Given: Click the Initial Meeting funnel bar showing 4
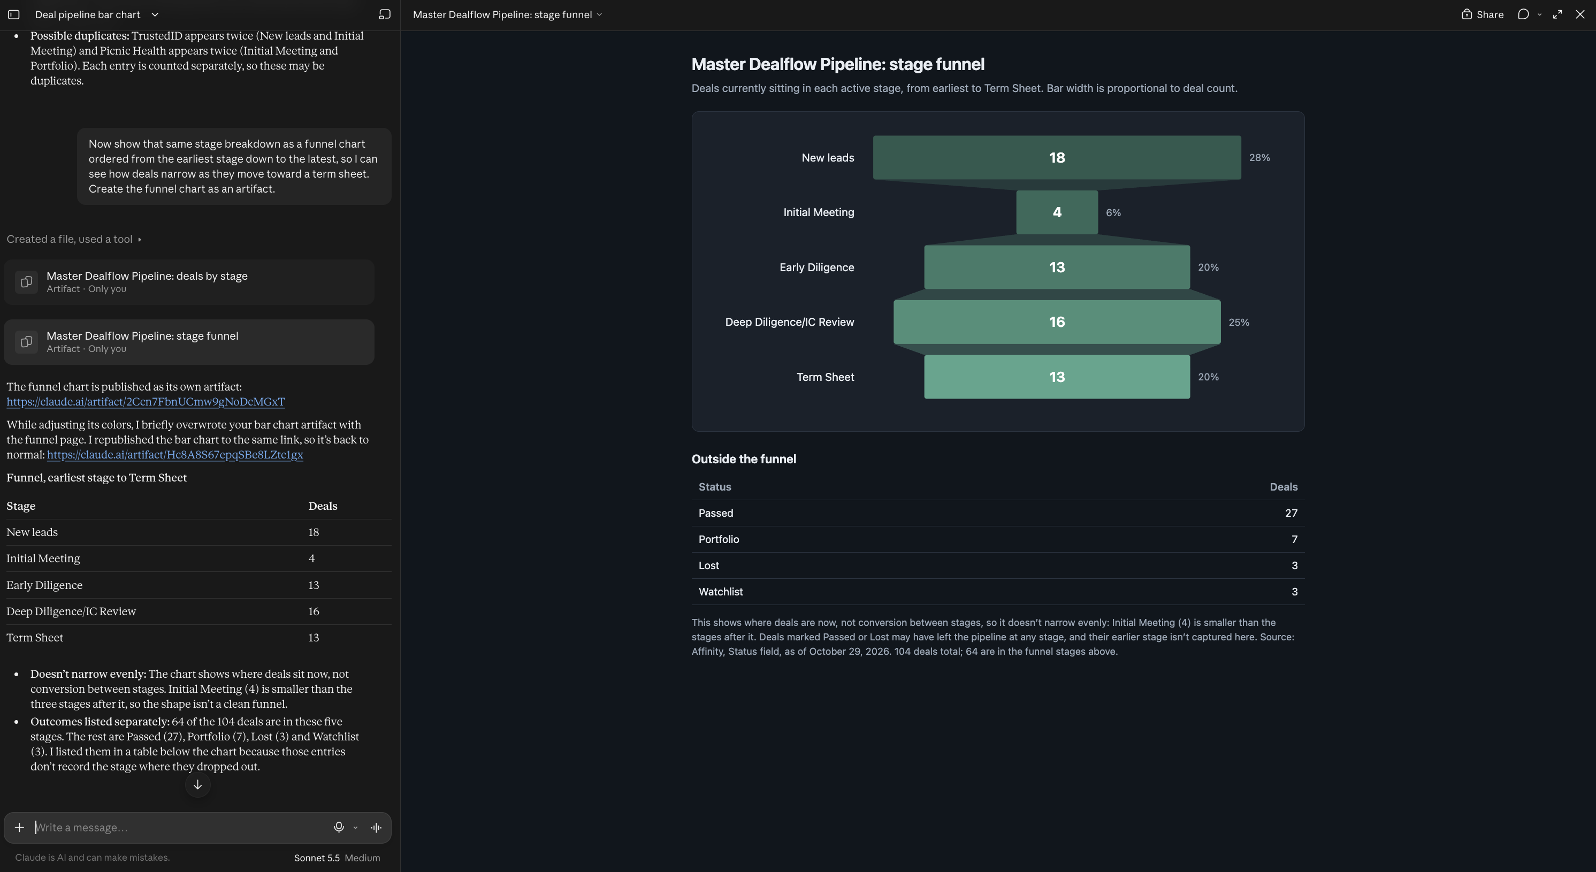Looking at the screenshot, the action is click(1056, 212).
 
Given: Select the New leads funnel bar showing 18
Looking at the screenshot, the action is click(1056, 157).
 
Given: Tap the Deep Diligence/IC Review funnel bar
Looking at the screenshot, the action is click(1056, 322).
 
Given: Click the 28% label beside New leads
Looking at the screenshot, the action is click(1259, 158).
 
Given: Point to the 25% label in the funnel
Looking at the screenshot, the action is click(1239, 322).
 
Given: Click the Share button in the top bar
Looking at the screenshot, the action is click(1482, 14).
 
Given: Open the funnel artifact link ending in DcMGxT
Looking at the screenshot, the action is click(146, 402).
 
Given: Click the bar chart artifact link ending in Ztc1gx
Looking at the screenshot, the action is click(175, 455).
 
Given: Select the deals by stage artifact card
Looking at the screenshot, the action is click(189, 282).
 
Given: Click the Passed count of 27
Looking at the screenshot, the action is click(1290, 513).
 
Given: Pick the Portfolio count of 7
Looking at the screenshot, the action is click(1294, 539).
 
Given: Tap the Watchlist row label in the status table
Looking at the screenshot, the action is click(721, 592).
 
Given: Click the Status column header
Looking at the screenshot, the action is click(714, 487).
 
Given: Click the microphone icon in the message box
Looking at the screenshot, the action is click(339, 828).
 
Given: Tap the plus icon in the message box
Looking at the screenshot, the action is click(19, 828).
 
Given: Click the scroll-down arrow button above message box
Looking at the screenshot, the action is click(197, 785).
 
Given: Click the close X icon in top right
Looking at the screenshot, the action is click(1580, 14).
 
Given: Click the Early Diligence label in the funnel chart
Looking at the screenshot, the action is click(816, 267).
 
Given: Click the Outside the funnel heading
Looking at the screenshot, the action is click(744, 459).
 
